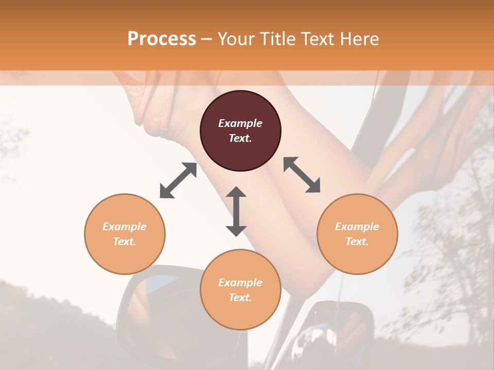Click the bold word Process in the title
tap(162, 39)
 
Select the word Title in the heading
tap(280, 39)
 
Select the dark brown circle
tap(240, 131)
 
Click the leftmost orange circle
tap(125, 234)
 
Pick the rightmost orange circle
tap(357, 234)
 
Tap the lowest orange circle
tap(240, 290)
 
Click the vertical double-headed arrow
tap(236, 211)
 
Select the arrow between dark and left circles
tap(178, 180)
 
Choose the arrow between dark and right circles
tap(302, 175)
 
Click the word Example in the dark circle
tap(240, 123)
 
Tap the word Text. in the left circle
tap(125, 242)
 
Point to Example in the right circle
tap(357, 227)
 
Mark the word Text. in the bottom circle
tap(240, 298)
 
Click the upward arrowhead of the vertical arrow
tap(236, 192)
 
